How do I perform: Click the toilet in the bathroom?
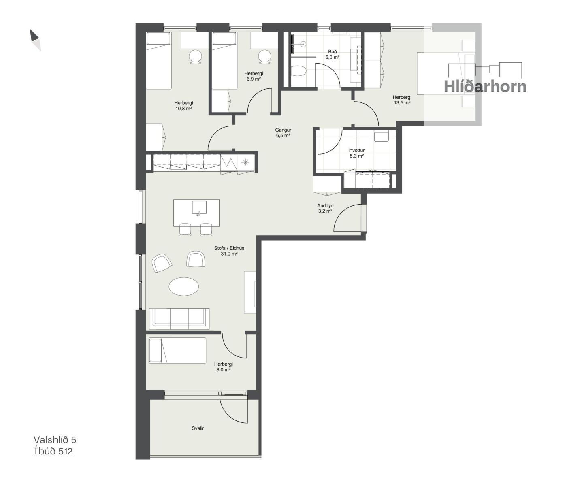pyautogui.click(x=298, y=70)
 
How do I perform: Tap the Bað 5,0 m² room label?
pyautogui.click(x=333, y=54)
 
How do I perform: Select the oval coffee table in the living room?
pyautogui.click(x=184, y=286)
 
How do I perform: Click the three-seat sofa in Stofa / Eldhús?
pyautogui.click(x=179, y=318)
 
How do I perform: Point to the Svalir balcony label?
pyautogui.click(x=198, y=428)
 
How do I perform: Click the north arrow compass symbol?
pyautogui.click(x=35, y=40)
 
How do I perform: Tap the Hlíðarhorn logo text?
pyautogui.click(x=485, y=86)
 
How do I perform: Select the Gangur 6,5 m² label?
pyautogui.click(x=283, y=132)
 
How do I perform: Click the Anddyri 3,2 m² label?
pyautogui.click(x=325, y=208)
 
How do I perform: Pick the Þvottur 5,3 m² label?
pyautogui.click(x=357, y=153)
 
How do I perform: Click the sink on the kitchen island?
pyautogui.click(x=199, y=207)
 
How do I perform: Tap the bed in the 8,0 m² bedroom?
pyautogui.click(x=177, y=350)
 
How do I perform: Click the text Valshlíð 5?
pyautogui.click(x=55, y=440)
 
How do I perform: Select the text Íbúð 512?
pyautogui.click(x=53, y=451)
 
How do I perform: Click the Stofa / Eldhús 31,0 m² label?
pyautogui.click(x=229, y=251)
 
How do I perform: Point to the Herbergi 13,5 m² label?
pyautogui.click(x=402, y=100)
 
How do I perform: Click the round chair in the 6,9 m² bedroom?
pyautogui.click(x=265, y=57)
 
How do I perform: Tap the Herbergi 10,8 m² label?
pyautogui.click(x=183, y=106)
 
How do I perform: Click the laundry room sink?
pyautogui.click(x=381, y=136)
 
